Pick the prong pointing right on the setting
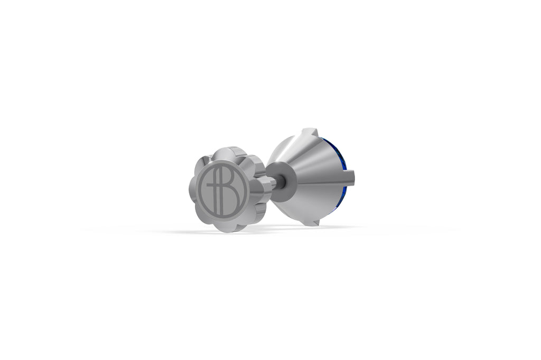[x=352, y=174]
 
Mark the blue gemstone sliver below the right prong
[x=344, y=190]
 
